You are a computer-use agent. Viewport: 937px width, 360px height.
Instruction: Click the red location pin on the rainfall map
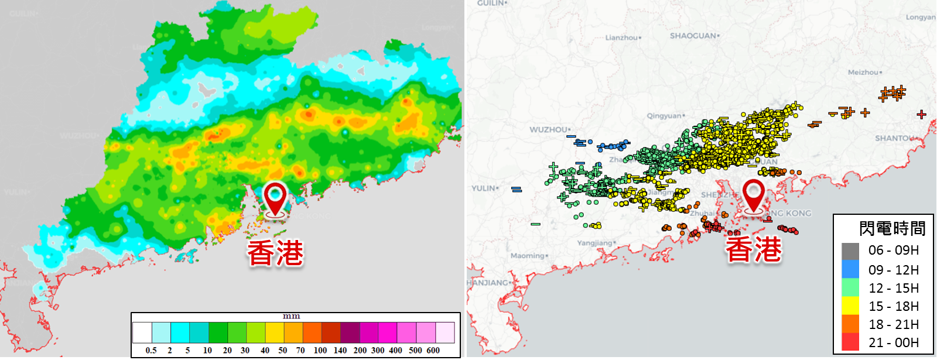[x=275, y=197]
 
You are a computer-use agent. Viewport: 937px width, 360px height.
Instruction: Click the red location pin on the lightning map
[x=753, y=194]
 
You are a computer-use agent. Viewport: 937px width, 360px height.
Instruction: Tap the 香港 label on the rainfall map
[x=275, y=253]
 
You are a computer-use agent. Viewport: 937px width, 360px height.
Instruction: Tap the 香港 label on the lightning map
[x=754, y=249]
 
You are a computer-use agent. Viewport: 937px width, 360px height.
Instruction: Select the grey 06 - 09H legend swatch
[x=850, y=251]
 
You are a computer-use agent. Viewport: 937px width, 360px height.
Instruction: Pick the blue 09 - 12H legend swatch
[x=850, y=269]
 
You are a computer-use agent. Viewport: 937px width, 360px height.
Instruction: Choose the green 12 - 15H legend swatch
[x=850, y=287]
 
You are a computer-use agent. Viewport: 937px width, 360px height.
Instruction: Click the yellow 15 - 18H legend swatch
[x=850, y=306]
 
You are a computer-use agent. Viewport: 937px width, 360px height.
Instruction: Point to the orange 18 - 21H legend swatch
[x=850, y=324]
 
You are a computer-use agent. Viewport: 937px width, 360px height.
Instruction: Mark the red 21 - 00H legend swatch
[x=850, y=342]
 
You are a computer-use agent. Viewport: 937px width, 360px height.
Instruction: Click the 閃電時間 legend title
[x=892, y=228]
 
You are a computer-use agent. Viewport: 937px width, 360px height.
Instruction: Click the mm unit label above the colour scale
[x=292, y=316]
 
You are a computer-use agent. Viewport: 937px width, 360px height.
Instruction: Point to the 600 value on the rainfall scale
[x=433, y=350]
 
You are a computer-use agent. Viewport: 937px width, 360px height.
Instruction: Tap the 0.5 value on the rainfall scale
[x=151, y=350]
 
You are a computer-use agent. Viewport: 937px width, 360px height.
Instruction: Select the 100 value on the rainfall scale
[x=320, y=350]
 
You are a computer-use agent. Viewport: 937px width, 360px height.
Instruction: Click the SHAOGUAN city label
[x=693, y=36]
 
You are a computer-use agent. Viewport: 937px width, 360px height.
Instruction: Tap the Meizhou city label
[x=863, y=72]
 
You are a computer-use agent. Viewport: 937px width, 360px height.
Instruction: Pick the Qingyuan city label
[x=664, y=116]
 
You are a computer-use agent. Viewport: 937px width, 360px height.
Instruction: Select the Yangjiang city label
[x=594, y=243]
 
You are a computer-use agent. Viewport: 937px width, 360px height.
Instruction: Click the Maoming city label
[x=528, y=256]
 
